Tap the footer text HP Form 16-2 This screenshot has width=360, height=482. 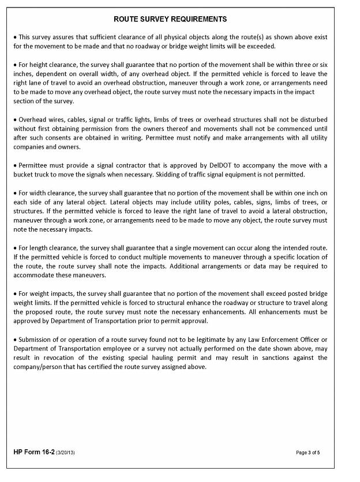[33, 453]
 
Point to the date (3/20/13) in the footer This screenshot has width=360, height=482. [65, 453]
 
